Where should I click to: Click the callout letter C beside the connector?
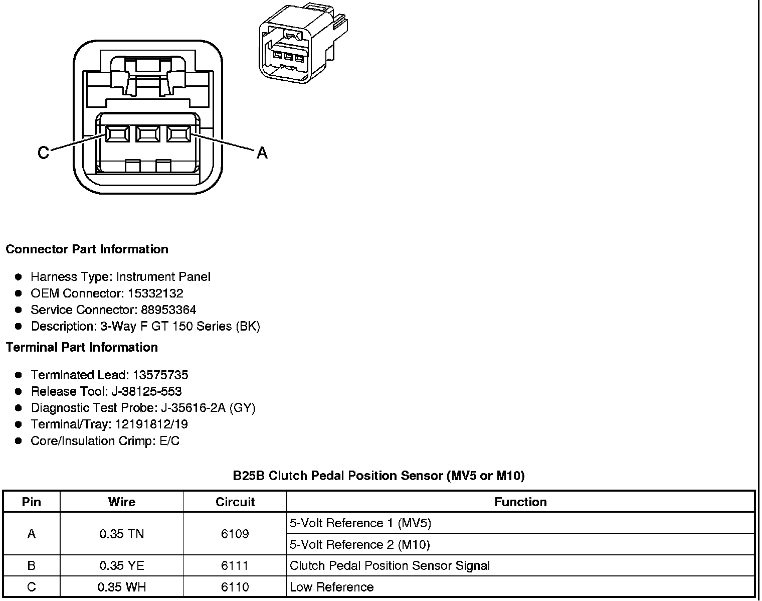(44, 153)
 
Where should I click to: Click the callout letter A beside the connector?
(262, 153)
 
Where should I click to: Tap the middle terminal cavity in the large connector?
(147, 134)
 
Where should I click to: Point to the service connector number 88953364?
(168, 310)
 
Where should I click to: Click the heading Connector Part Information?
(87, 249)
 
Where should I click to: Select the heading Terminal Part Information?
(82, 347)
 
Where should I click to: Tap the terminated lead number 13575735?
(160, 375)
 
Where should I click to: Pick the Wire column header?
(122, 502)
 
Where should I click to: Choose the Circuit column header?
(235, 502)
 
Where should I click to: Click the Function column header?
(520, 502)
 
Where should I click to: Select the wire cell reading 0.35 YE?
(122, 566)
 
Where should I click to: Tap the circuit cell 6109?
(235, 534)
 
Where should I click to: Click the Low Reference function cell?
(332, 587)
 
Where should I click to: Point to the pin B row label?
(32, 566)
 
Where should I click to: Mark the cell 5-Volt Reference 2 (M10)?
(360, 544)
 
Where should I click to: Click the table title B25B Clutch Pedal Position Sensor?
(378, 476)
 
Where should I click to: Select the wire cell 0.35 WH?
(122, 587)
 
